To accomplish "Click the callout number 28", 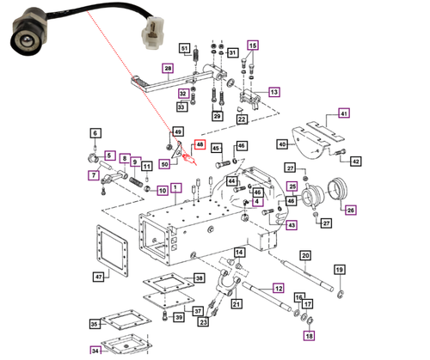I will (x=168, y=68).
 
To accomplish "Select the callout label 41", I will (x=343, y=114).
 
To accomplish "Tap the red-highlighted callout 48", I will (x=201, y=146).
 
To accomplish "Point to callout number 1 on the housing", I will (x=175, y=187).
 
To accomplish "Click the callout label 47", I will (x=99, y=277).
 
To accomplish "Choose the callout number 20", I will (x=304, y=255).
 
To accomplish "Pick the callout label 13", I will (x=274, y=91).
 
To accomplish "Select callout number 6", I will (x=95, y=132).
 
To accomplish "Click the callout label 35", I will (x=94, y=324).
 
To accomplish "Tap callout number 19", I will (x=339, y=271).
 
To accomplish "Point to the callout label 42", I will (x=356, y=161).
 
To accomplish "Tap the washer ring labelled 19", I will (x=341, y=295).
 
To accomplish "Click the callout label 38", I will (x=199, y=278).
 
